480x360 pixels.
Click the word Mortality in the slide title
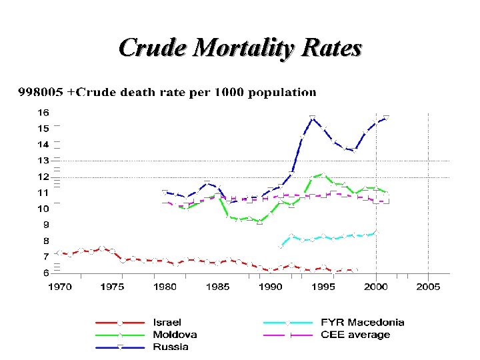click(x=236, y=49)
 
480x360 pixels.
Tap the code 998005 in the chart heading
click(x=41, y=92)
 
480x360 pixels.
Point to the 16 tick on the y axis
click(x=43, y=113)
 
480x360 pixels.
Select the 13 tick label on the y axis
click(x=43, y=161)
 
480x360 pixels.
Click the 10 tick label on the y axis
click(x=43, y=209)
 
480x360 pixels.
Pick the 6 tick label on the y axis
click(x=45, y=273)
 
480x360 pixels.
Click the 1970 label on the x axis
click(x=59, y=287)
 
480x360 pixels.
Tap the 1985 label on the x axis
click(x=217, y=287)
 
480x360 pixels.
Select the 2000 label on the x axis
click(x=376, y=287)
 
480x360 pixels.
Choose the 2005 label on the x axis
click(x=428, y=287)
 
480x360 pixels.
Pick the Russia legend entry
click(x=170, y=347)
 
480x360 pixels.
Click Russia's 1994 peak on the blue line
click(x=312, y=118)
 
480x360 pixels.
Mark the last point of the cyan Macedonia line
click(x=376, y=232)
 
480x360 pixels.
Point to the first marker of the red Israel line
click(x=59, y=253)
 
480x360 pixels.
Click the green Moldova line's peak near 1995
click(x=323, y=175)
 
